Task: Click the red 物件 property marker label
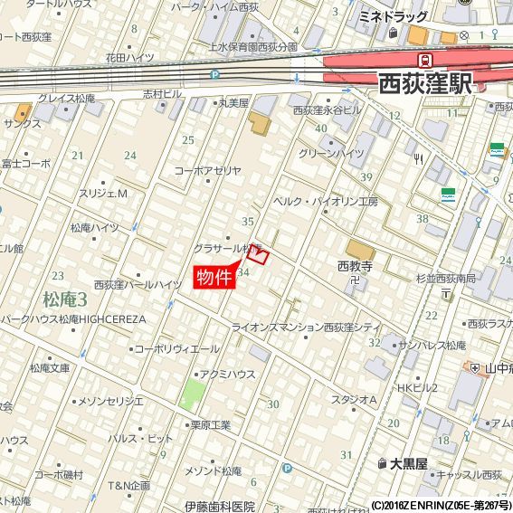(214, 277)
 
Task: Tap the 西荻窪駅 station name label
(424, 84)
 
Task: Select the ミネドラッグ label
(393, 17)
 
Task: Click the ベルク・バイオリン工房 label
(325, 201)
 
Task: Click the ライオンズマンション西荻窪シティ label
(306, 327)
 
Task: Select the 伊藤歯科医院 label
(219, 507)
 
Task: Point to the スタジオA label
(354, 399)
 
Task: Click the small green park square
(193, 394)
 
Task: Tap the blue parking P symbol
(287, 469)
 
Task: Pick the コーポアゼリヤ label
(208, 170)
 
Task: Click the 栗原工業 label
(210, 425)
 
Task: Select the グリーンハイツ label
(331, 154)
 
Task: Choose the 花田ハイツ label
(128, 57)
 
